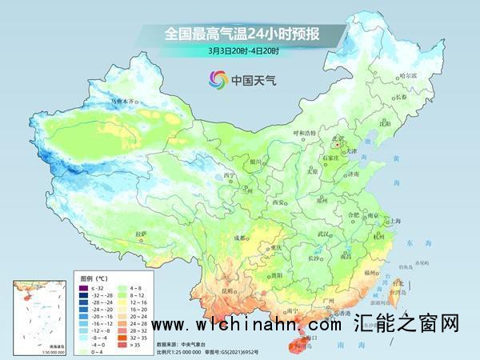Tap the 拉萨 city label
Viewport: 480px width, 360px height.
coord(142,233)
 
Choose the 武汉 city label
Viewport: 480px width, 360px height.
coord(323,234)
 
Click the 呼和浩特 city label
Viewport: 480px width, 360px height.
coord(300,134)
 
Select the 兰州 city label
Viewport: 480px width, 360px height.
coord(254,192)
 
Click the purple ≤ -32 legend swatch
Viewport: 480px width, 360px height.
coord(81,286)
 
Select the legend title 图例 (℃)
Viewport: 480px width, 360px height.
coord(92,277)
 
